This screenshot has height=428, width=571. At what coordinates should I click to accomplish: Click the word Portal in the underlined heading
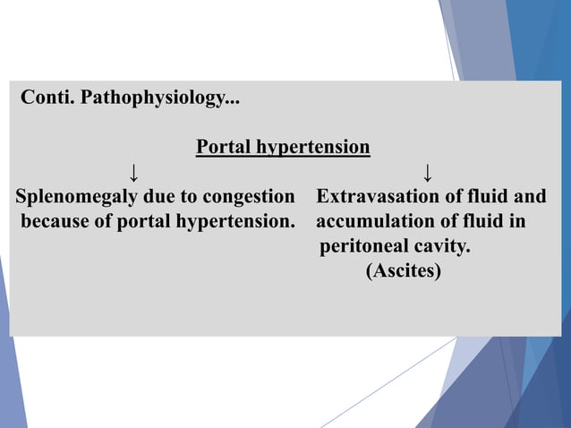(x=223, y=146)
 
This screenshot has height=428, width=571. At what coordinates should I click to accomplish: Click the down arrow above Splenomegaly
(x=132, y=170)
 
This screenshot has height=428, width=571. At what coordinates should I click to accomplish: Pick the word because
(x=55, y=220)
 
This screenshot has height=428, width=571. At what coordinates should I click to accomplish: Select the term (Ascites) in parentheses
(x=403, y=270)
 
